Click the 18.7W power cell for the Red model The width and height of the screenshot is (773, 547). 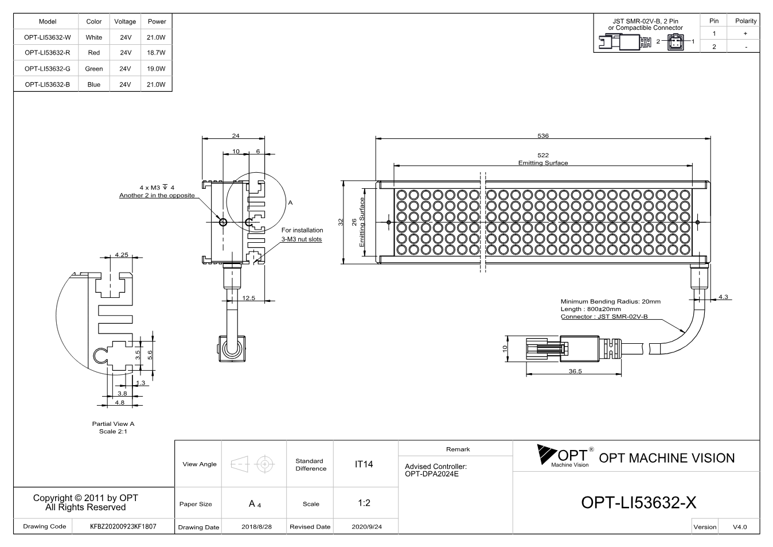pyautogui.click(x=156, y=52)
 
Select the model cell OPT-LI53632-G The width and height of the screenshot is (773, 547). pyautogui.click(x=47, y=69)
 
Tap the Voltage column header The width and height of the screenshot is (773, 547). pyautogui.click(x=125, y=21)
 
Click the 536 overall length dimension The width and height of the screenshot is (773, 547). pyautogui.click(x=543, y=135)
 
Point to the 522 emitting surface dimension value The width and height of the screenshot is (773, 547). pyautogui.click(x=543, y=155)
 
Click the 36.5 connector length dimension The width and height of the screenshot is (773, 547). pyautogui.click(x=575, y=371)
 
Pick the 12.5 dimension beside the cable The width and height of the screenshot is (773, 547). pyautogui.click(x=248, y=298)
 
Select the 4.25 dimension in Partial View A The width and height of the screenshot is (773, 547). pyautogui.click(x=122, y=255)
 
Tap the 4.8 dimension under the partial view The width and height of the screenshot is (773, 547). pyautogui.click(x=120, y=402)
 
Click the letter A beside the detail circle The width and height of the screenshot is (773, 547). pyautogui.click(x=290, y=203)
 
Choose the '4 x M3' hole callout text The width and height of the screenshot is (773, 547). pyautogui.click(x=150, y=188)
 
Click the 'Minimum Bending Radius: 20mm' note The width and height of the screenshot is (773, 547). pyautogui.click(x=611, y=301)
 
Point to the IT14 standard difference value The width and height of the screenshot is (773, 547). pyautogui.click(x=364, y=464)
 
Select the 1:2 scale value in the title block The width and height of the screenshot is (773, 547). pyautogui.click(x=364, y=503)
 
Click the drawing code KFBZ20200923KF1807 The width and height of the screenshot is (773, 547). pyautogui.click(x=123, y=526)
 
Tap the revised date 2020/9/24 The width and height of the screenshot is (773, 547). pyautogui.click(x=367, y=527)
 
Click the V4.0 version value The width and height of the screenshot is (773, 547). pyautogui.click(x=740, y=527)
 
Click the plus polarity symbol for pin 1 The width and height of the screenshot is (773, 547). pyautogui.click(x=745, y=33)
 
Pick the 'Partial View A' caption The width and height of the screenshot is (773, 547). pyautogui.click(x=113, y=424)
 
